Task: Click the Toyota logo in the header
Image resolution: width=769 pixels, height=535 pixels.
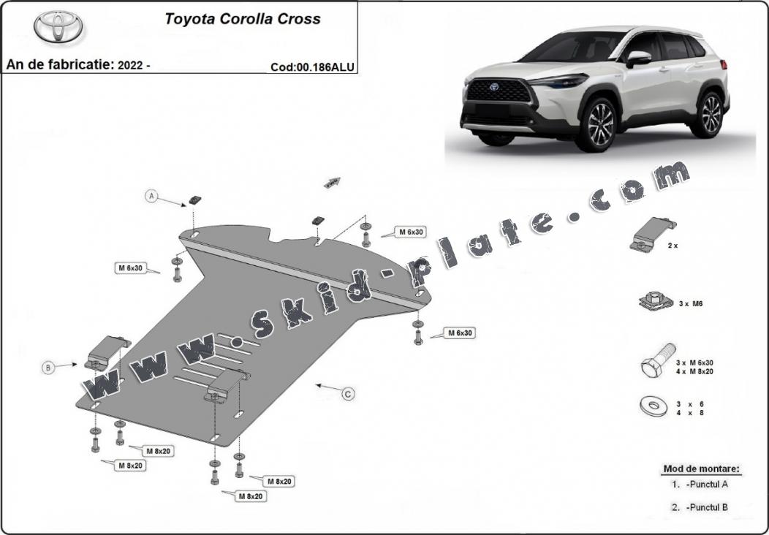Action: tap(58, 26)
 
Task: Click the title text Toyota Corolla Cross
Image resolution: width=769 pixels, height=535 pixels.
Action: tap(243, 19)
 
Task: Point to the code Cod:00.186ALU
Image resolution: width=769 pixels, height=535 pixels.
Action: tap(312, 67)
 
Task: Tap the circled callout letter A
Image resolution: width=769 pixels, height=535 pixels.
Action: tap(152, 196)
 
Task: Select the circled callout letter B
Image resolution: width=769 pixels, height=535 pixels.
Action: tap(48, 368)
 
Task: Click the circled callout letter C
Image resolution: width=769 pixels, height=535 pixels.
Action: tap(349, 394)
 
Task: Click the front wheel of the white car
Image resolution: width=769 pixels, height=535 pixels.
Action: tap(600, 124)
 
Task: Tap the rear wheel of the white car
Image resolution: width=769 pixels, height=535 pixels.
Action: tap(708, 113)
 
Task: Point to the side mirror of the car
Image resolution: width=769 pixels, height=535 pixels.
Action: tap(637, 58)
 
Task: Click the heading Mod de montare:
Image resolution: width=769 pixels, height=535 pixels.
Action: tap(702, 468)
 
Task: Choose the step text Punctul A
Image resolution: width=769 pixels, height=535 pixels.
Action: tap(707, 484)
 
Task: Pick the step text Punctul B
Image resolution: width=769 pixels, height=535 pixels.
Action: tap(707, 507)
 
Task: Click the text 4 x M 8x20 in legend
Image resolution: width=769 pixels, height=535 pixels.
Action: tap(694, 372)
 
